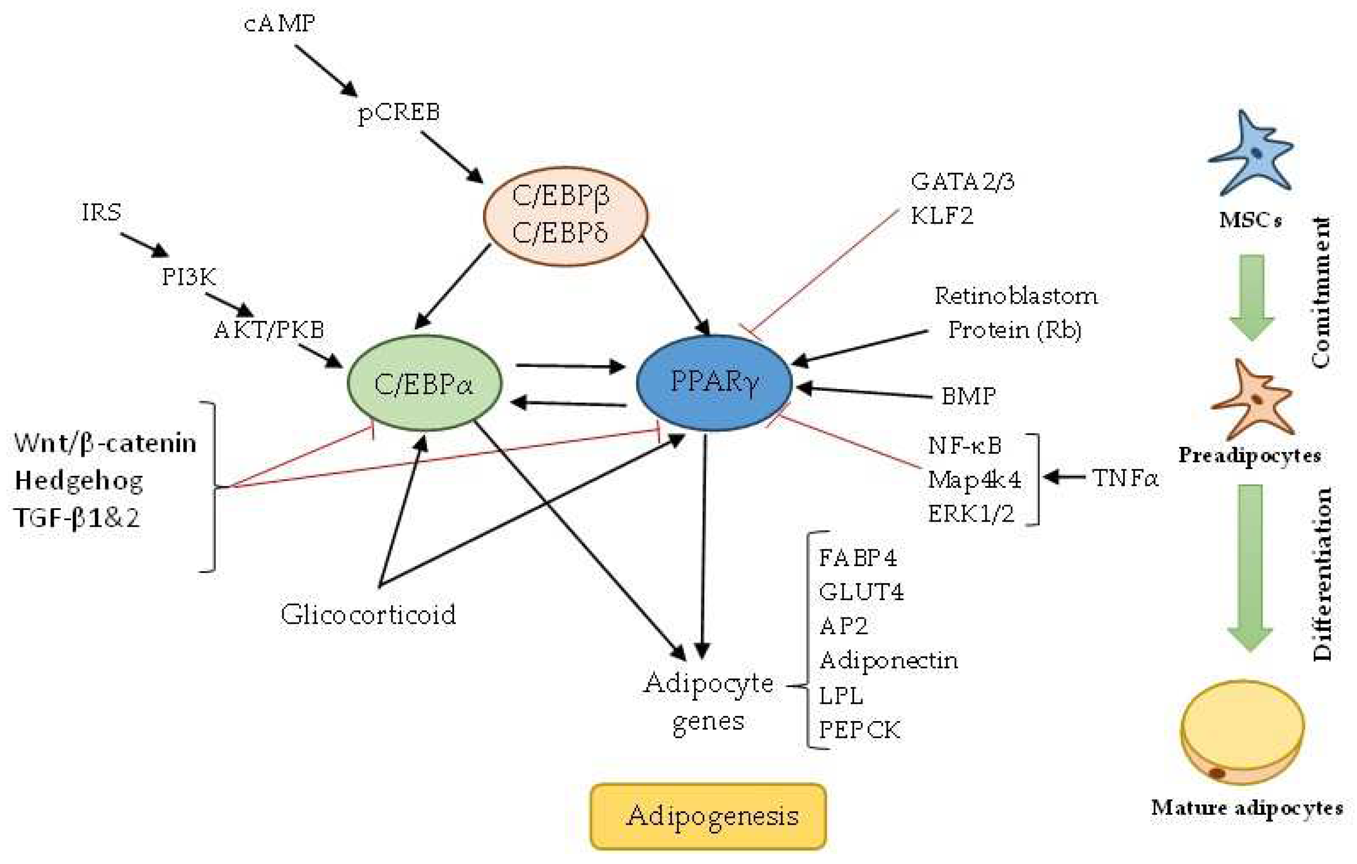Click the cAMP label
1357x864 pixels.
tap(280, 24)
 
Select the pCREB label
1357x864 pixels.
tap(399, 112)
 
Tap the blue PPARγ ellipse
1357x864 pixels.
tap(714, 383)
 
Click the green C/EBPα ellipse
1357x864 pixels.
tap(424, 384)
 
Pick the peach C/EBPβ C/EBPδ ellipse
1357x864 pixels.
tap(565, 216)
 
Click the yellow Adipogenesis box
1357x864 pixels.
tap(708, 816)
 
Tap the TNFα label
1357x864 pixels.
tap(1125, 478)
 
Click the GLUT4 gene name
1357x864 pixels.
tap(861, 592)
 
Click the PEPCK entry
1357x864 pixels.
tap(859, 730)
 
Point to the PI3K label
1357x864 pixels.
tap(189, 277)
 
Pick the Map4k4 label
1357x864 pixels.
tap(974, 480)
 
